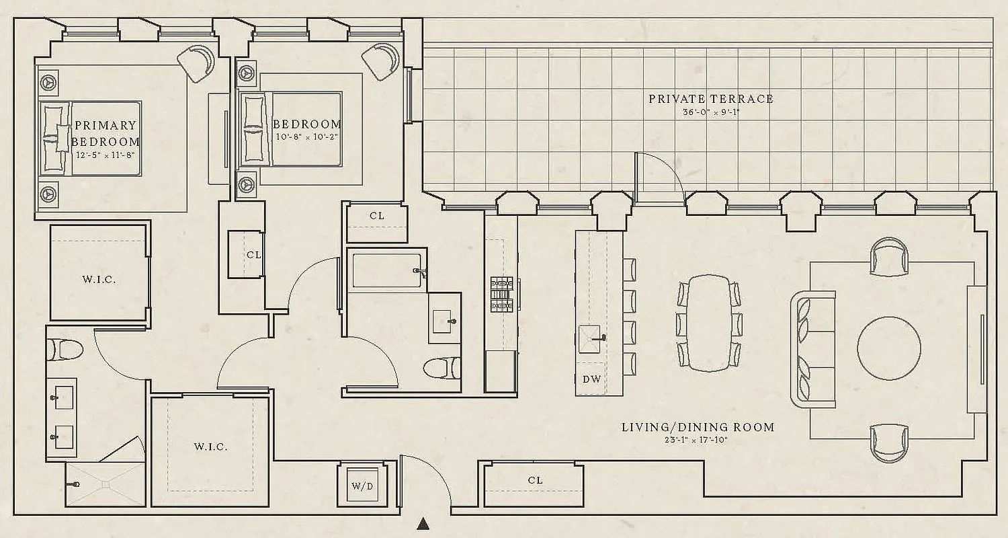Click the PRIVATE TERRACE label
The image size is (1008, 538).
click(710, 99)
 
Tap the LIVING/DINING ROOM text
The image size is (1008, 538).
click(698, 427)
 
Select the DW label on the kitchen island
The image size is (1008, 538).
click(591, 379)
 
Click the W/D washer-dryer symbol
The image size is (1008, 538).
click(362, 486)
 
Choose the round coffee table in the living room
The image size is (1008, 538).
click(888, 348)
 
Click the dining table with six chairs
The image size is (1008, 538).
click(710, 323)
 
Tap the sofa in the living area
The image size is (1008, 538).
click(810, 349)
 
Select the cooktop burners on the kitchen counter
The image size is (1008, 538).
click(501, 295)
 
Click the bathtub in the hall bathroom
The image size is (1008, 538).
click(386, 270)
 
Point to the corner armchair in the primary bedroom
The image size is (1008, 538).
click(196, 63)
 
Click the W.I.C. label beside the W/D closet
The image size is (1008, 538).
click(210, 447)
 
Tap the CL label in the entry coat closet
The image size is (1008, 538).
click(535, 480)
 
